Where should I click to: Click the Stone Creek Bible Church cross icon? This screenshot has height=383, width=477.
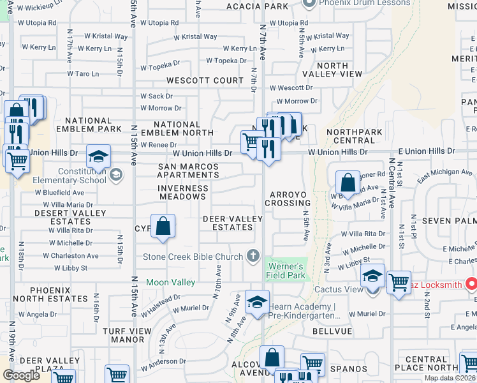coord(253,257)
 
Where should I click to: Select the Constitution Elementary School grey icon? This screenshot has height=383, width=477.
coord(116,175)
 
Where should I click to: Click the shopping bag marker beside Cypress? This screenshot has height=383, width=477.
coord(163,226)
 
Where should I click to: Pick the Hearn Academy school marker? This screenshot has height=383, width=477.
coord(257,302)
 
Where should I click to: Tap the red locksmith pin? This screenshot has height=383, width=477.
coord(471,282)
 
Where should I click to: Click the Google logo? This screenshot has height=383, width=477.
coord(22,375)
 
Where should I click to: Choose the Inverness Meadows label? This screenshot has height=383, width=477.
coord(183,192)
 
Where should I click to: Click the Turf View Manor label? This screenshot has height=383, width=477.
coord(122,336)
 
